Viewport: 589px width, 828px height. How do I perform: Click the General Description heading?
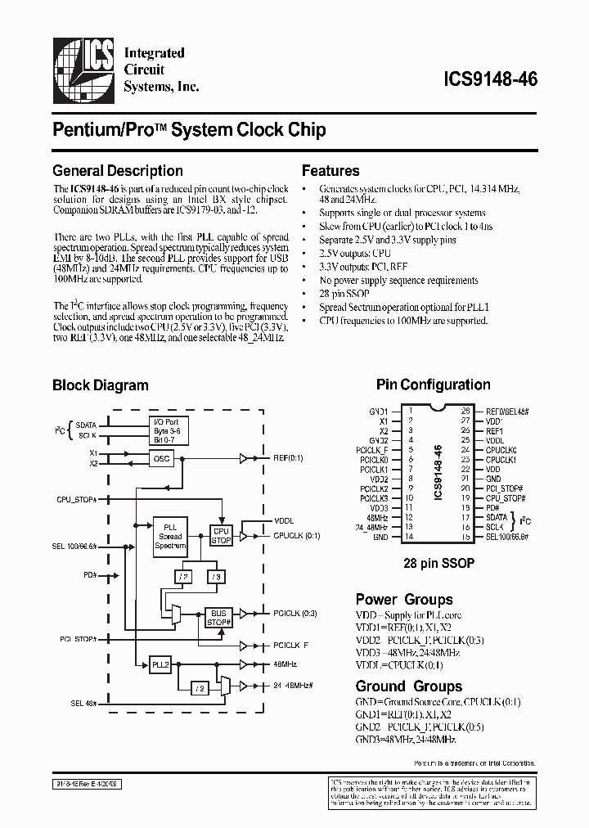tap(118, 171)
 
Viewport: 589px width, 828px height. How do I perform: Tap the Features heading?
tap(330, 171)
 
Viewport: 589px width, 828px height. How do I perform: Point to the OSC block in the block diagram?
tap(162, 458)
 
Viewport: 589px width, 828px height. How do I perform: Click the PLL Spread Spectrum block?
tap(170, 535)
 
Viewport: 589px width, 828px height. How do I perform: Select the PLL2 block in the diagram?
tap(160, 664)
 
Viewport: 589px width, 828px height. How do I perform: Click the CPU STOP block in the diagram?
tap(222, 536)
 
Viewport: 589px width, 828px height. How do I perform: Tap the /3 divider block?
tap(216, 577)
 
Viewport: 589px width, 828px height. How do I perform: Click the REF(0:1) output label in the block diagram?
tap(289, 458)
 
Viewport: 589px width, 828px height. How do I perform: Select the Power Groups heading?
tap(404, 599)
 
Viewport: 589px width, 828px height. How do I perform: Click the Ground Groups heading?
tap(409, 686)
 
